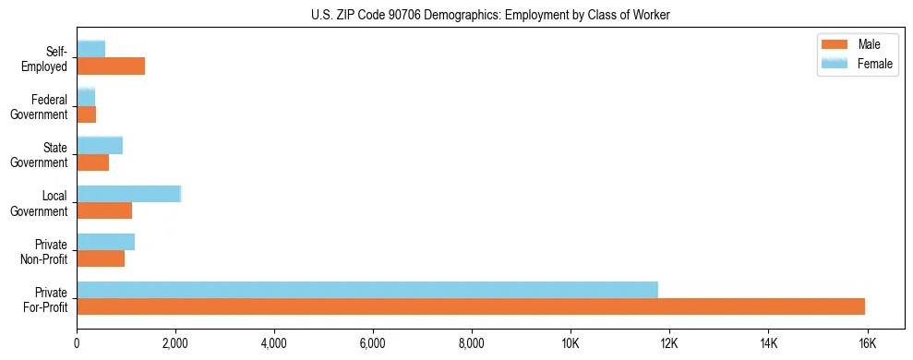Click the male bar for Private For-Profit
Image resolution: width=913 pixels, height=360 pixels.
[x=471, y=306]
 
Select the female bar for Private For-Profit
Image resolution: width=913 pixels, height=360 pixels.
[x=367, y=290]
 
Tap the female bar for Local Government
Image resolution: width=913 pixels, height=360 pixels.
[x=128, y=194]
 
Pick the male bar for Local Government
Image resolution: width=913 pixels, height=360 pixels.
[x=104, y=210]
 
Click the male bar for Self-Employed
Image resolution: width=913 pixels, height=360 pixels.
[x=111, y=66]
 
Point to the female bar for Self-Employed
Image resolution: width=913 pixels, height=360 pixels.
[x=90, y=49]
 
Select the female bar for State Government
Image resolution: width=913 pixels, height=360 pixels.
[x=100, y=146]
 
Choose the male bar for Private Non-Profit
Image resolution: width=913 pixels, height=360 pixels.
[x=101, y=258]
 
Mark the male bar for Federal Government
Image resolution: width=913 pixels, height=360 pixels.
[x=86, y=114]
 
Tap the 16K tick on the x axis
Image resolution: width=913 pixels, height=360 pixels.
[x=866, y=343]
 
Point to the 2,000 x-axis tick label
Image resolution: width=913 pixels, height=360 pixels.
[x=175, y=343]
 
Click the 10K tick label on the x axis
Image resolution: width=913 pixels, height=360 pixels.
[x=570, y=343]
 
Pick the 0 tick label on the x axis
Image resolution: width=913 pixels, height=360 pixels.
[x=77, y=343]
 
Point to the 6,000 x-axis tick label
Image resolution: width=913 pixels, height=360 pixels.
[x=373, y=343]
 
